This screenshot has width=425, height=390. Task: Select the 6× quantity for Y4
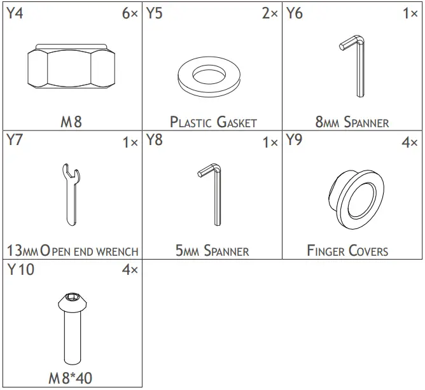[x=129, y=13]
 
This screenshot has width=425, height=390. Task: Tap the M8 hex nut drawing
[x=71, y=68]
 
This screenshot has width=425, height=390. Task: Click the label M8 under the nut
[x=71, y=121]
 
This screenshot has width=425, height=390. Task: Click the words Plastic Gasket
[x=213, y=122]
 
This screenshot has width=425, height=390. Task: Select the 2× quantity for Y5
[x=270, y=13]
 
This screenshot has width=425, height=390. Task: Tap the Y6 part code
[x=294, y=13]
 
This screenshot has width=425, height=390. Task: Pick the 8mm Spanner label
[x=352, y=122]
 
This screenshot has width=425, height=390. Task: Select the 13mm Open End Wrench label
[x=72, y=251]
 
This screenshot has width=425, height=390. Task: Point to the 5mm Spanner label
[x=212, y=251]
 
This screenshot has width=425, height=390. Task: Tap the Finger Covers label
[x=347, y=251]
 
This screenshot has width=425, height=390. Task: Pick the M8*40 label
[x=71, y=378]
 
